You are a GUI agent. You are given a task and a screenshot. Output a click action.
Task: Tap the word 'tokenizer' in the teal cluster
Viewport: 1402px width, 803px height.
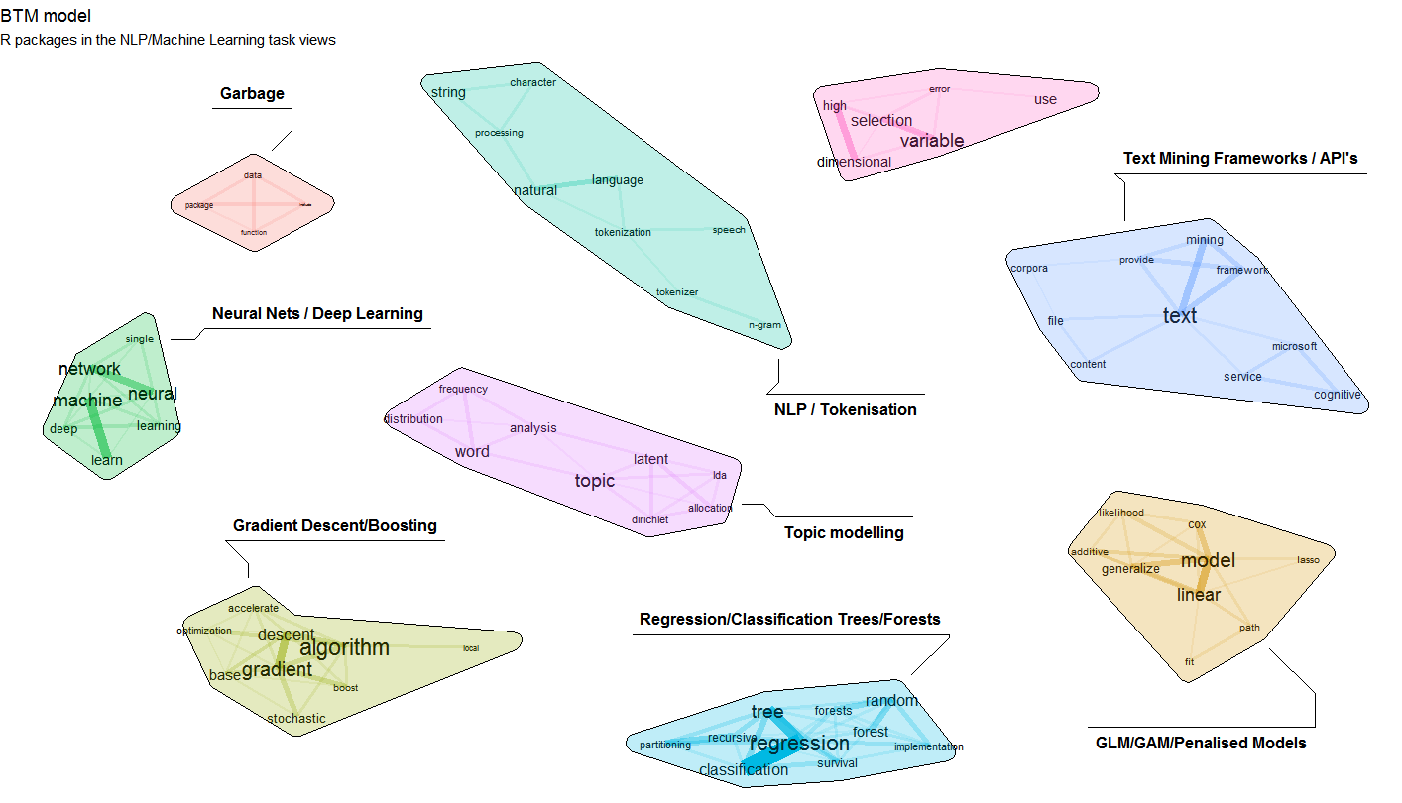pyautogui.click(x=677, y=292)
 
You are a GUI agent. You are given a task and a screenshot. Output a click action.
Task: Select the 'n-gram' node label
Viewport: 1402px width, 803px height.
pyautogui.click(x=764, y=325)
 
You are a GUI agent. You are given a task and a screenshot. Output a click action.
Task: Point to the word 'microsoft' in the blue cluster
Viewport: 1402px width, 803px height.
pyautogui.click(x=1294, y=346)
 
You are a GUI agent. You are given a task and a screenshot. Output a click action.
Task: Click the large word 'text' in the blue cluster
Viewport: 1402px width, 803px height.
pyautogui.click(x=1179, y=316)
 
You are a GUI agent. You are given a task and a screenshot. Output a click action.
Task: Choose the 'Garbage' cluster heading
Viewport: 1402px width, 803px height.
pyautogui.click(x=252, y=94)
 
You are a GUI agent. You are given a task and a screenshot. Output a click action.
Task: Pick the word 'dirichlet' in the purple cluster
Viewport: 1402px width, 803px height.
pyautogui.click(x=649, y=519)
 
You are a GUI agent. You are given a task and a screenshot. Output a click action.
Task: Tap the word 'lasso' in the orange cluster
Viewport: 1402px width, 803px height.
pyautogui.click(x=1308, y=560)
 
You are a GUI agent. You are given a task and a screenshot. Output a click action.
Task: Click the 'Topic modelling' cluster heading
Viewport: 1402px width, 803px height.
pyautogui.click(x=844, y=533)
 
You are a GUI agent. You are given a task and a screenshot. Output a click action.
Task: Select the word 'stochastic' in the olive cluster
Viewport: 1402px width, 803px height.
pyautogui.click(x=295, y=719)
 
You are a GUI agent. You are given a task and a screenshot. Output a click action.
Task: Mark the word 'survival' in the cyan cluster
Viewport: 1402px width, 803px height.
pyautogui.click(x=837, y=763)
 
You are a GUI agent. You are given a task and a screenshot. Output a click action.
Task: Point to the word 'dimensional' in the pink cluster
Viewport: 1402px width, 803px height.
pyautogui.click(x=854, y=163)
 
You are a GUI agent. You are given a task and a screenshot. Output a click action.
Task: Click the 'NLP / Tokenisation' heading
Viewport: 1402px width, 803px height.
pyautogui.click(x=845, y=409)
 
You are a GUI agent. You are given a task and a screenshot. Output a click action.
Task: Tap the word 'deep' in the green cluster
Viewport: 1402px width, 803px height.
pyautogui.click(x=63, y=429)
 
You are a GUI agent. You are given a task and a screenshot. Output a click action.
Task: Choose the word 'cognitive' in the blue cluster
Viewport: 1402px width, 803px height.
pyautogui.click(x=1337, y=395)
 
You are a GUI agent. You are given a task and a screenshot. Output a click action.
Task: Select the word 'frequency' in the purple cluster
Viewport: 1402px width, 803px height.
pyautogui.click(x=463, y=389)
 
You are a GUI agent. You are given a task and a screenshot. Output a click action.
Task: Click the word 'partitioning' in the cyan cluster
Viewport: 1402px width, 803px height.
pyautogui.click(x=665, y=745)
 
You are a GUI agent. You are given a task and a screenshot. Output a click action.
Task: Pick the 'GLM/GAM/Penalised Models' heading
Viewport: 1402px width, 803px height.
pyautogui.click(x=1201, y=743)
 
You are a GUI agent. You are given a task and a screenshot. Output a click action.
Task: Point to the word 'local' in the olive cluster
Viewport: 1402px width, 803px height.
pyautogui.click(x=470, y=649)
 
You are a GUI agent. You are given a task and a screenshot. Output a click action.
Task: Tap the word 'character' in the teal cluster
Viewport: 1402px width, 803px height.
pyautogui.click(x=532, y=82)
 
